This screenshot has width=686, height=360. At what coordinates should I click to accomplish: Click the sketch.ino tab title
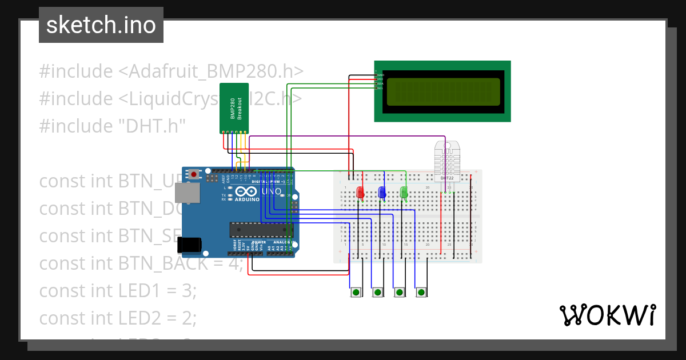click(101, 25)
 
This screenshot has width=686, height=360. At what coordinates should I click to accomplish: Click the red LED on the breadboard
click(360, 193)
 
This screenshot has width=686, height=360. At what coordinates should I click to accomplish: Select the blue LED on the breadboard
click(382, 193)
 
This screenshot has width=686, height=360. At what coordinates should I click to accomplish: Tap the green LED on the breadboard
click(404, 193)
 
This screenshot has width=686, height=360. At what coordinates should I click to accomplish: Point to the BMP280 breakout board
click(234, 107)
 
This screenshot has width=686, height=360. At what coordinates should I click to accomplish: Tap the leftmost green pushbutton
click(356, 292)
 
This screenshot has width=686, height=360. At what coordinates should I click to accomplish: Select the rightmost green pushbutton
click(421, 292)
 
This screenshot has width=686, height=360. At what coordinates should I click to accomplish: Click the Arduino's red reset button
click(194, 174)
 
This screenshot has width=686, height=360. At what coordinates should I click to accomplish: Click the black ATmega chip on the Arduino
click(261, 230)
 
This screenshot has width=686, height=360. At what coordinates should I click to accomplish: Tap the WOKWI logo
click(607, 315)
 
